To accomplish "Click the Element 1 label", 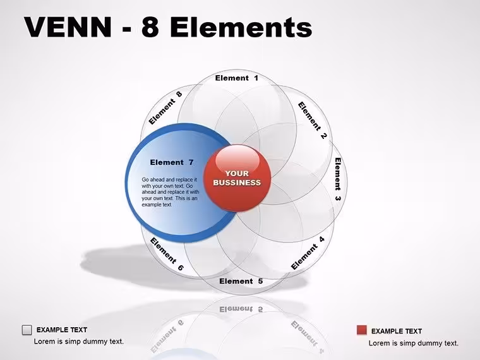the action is click(x=237, y=78).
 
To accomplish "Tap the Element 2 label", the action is click(x=313, y=120).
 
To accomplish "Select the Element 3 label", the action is click(x=338, y=179).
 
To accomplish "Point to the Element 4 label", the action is click(x=308, y=253).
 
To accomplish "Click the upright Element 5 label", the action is click(x=241, y=281).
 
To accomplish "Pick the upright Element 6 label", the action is click(x=167, y=254).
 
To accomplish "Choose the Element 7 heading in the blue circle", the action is click(x=172, y=162).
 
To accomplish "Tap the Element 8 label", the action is click(x=165, y=108).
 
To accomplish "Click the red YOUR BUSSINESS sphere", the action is click(x=237, y=178).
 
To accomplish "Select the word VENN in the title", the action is click(x=68, y=27).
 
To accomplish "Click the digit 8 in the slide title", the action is click(x=150, y=27).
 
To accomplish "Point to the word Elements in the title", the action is click(x=241, y=27).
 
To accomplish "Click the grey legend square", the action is click(x=27, y=330).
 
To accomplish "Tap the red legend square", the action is click(x=362, y=330).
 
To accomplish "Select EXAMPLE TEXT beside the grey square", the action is click(x=62, y=330).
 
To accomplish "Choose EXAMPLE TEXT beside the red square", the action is click(x=397, y=331).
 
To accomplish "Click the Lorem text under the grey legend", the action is click(x=79, y=341).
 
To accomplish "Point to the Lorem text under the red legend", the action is click(x=414, y=343).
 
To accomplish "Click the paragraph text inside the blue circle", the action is click(x=170, y=192).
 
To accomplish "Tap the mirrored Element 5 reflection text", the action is click(x=241, y=309).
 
